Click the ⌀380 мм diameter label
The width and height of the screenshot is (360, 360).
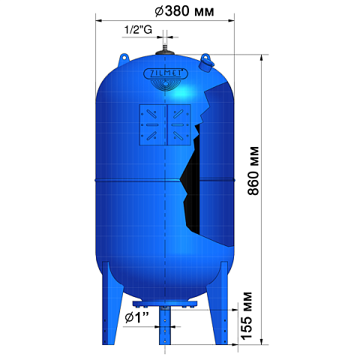pos(184,11)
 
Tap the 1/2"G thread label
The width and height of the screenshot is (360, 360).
pos(138,30)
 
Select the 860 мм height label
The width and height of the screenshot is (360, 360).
pos(253,171)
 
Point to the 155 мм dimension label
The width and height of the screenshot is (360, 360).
pos(246,316)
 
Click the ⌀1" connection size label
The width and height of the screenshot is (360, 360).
pos(136,318)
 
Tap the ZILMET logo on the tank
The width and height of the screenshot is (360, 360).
pos(166,74)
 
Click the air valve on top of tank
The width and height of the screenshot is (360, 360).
pos(165,49)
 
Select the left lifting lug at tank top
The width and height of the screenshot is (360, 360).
pos(124,59)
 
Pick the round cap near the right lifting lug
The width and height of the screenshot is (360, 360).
pos(206,66)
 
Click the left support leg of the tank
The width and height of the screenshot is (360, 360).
pos(110,304)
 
